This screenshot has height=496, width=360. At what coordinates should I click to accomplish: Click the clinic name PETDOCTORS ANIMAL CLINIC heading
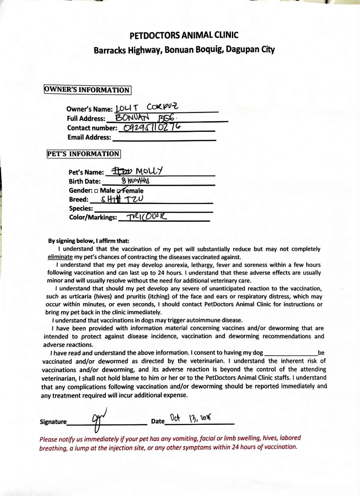point(184,35)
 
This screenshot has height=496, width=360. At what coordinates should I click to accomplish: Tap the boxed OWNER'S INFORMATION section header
point(87,90)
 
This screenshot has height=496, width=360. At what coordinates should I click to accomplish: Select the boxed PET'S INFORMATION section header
point(83,154)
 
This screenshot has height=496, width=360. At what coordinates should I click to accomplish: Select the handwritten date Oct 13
point(189,419)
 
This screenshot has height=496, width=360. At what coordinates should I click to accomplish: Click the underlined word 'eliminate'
point(61,257)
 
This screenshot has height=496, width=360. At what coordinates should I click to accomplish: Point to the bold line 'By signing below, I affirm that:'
point(89,241)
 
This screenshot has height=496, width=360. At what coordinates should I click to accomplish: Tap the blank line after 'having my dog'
point(291,354)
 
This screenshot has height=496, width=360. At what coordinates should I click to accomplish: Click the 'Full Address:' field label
point(86,118)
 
